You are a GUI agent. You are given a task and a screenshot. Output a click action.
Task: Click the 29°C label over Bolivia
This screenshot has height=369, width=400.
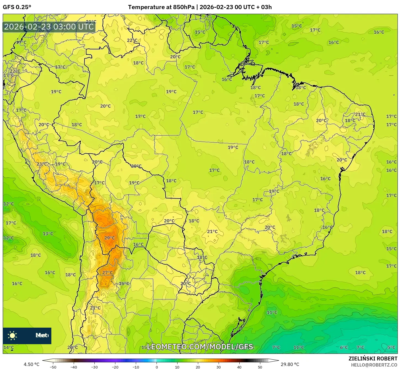coord(110,238)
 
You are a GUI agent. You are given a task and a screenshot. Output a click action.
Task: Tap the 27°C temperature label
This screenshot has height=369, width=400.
coord(107,272)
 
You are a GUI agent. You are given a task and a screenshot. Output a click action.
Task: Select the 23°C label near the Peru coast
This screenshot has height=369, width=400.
coord(42,164)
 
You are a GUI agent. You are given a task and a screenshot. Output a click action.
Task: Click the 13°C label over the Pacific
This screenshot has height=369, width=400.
coord(48,234)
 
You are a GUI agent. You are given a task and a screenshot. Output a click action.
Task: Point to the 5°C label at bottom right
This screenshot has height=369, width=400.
coord(391,347)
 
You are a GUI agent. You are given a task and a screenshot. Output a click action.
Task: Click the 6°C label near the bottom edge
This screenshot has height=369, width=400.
coord(344,347)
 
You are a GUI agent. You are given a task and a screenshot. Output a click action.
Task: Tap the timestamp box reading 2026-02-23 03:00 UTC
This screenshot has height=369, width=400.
coord(49,27)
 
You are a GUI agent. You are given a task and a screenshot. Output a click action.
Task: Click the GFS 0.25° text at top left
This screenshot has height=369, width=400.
coord(17,7)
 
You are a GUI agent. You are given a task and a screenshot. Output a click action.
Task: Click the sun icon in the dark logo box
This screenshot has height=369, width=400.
coord(12,336)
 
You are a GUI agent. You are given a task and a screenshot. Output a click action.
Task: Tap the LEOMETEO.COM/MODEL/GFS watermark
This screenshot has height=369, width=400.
coord(200,347)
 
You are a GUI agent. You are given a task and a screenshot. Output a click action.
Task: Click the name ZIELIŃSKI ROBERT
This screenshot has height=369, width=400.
coord(373,359)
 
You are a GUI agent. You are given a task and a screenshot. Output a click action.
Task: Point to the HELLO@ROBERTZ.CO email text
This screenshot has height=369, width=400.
coord(374,365)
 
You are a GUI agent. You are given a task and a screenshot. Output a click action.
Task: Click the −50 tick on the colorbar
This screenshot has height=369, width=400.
coord(53,367)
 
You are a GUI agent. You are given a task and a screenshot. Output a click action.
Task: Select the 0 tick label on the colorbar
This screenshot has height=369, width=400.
coord(157,367)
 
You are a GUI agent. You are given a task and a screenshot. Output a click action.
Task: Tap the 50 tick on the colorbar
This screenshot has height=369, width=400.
coord(260,367)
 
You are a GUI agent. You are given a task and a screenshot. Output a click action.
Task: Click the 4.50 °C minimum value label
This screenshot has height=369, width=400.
coord(31,364)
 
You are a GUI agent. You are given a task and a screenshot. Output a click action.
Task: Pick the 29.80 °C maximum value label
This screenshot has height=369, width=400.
coord(290,364)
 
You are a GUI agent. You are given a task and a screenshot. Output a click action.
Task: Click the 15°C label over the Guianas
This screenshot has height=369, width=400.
coord(200,32)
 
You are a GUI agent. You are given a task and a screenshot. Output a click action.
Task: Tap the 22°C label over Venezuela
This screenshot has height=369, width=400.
coord(132,40)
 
